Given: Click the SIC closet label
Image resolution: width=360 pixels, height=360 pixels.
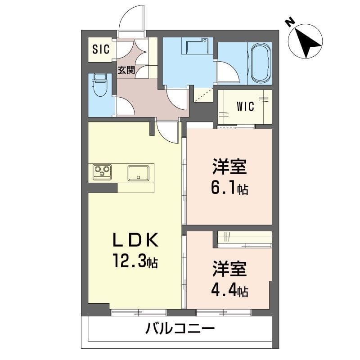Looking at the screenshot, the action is (x=101, y=49).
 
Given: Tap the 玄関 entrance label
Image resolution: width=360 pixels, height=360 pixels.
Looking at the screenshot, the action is (x=126, y=70).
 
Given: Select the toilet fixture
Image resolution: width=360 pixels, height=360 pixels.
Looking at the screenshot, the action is (x=99, y=85).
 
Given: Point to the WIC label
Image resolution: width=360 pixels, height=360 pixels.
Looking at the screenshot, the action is (x=245, y=107).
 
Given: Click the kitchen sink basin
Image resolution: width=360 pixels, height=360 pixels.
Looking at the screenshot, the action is (x=138, y=173).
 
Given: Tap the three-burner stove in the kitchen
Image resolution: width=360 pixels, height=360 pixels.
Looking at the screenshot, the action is (x=102, y=172).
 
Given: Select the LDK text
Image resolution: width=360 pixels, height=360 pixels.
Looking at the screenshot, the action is (x=135, y=239).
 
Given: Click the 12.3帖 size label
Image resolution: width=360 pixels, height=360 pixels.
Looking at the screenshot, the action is (x=135, y=261).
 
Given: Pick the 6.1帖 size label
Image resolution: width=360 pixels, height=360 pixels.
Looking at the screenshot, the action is (x=229, y=189).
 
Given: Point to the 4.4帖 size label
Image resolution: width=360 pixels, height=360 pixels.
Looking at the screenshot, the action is (x=229, y=291).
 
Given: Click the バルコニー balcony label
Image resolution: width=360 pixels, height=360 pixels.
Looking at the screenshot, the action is (x=180, y=328).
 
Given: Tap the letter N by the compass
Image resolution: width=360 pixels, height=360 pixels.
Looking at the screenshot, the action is (x=290, y=22).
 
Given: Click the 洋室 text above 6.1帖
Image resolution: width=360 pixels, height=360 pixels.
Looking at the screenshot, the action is (x=229, y=166).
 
